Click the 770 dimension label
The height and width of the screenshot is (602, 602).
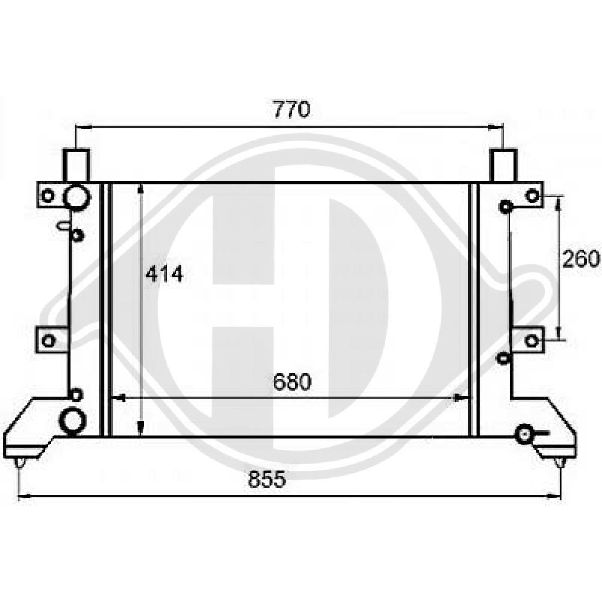tap(291, 110)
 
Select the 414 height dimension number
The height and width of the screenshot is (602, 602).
tap(164, 274)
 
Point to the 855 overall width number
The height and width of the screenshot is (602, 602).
tap(265, 480)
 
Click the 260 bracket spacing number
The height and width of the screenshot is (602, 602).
tap(581, 258)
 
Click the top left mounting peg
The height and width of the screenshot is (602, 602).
tap(77, 164)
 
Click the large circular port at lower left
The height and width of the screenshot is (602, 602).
tap(73, 420)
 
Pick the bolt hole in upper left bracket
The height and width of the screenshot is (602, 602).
tap(49, 195)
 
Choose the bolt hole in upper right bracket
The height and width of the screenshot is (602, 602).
tap(531, 195)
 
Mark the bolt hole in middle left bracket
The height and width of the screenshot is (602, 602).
tap(49, 341)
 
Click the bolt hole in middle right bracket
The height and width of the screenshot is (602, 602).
tap(531, 341)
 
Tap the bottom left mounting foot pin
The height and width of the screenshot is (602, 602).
tap(20, 462)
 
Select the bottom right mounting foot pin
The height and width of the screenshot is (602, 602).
tap(559, 462)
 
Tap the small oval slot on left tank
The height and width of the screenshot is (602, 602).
tap(64, 225)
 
